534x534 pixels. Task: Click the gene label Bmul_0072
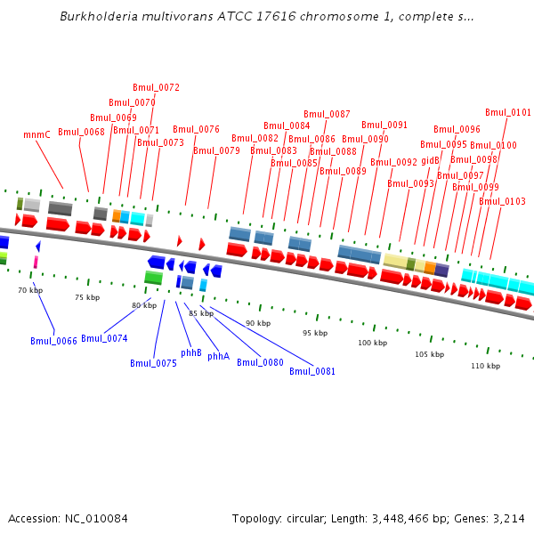[x=156, y=87]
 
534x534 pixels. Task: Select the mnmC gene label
[x=36, y=135]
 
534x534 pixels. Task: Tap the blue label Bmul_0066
[x=53, y=341]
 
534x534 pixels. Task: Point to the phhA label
[x=218, y=357]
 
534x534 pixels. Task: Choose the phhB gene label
[x=191, y=353]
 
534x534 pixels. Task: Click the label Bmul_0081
[x=312, y=371]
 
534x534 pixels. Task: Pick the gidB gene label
[x=431, y=160]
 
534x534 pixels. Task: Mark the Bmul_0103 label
[x=502, y=201]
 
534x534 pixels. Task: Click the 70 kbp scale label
[x=30, y=290]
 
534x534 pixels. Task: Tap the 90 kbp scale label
[x=258, y=323]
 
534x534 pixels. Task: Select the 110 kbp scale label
[x=485, y=366]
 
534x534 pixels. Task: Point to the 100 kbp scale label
[x=373, y=343]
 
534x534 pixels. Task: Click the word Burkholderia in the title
[x=96, y=17]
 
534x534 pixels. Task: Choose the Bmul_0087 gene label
[x=327, y=114]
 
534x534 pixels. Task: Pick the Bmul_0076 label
[x=196, y=130]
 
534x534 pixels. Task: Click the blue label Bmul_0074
[x=104, y=339]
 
